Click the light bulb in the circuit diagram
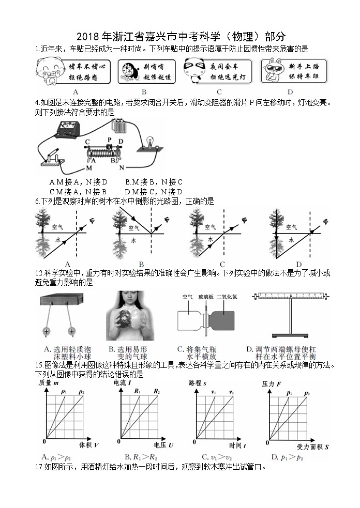coord(151,142)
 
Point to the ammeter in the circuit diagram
coord(70,129)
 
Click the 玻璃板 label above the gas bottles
coord(205,297)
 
